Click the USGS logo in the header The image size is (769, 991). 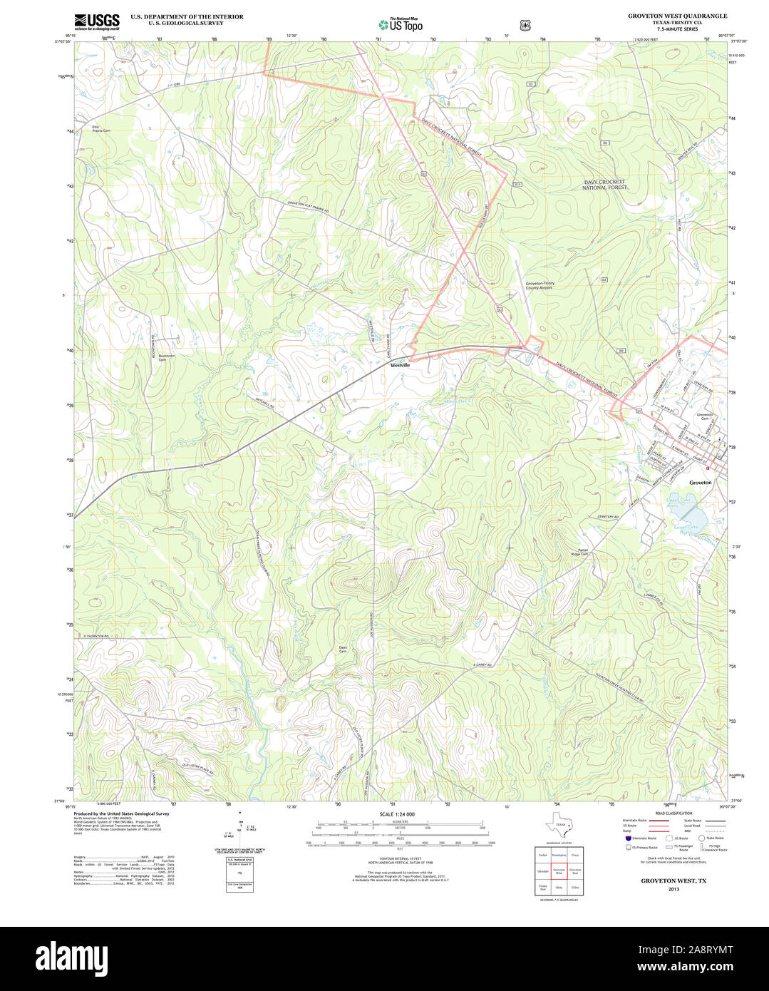[97, 21]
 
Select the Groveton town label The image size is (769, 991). [700, 483]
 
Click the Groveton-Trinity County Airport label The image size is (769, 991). [540, 285]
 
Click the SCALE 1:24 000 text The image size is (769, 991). [397, 814]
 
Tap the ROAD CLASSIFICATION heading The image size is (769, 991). [673, 813]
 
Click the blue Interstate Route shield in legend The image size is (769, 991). [628, 838]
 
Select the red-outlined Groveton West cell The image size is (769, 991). [559, 871]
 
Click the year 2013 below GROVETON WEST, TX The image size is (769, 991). [673, 889]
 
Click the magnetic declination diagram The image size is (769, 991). [239, 827]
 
